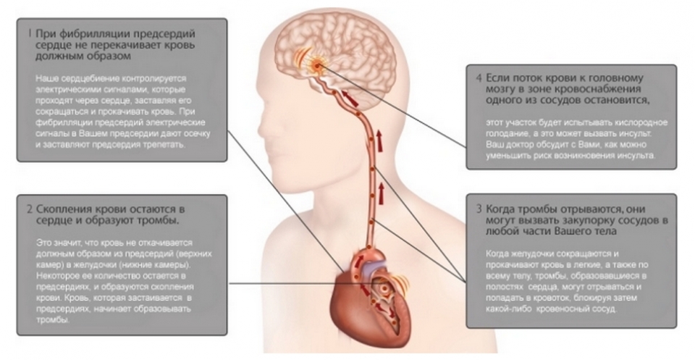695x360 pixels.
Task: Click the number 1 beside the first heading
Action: coord(28,33)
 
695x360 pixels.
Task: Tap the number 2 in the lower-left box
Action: coord(28,210)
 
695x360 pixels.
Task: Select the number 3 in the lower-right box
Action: coord(479,208)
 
